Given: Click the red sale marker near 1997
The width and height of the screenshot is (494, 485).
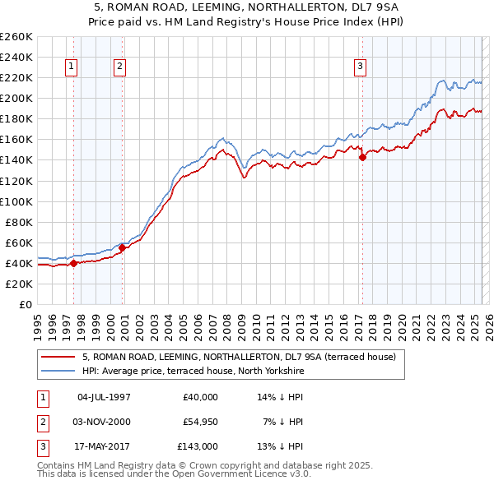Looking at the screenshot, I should point(73,263).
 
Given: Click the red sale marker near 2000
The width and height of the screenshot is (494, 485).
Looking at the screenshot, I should point(122,247).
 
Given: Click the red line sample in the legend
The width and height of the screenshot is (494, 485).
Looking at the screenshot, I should point(58,357).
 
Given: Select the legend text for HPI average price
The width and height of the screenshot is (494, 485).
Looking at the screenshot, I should point(193,372).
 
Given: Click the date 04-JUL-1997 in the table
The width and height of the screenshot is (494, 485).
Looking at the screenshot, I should point(104,397).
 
